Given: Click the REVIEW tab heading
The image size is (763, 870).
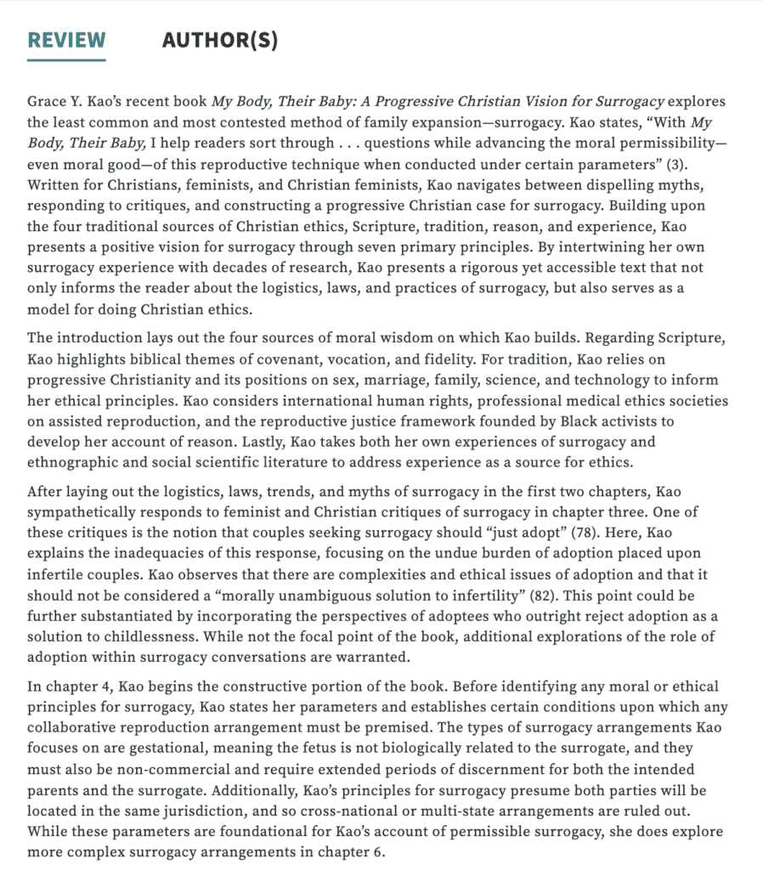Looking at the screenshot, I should point(66,40).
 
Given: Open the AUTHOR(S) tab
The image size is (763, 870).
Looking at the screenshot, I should point(219,40).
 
